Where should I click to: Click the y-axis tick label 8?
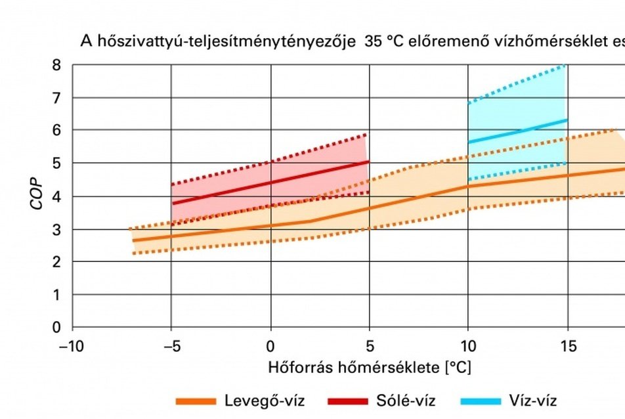[58, 66]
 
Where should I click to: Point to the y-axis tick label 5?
[58, 164]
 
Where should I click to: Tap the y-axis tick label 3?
[58, 229]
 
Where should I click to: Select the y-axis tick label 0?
[58, 327]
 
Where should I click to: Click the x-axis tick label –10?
[72, 346]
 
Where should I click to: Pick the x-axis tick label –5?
[171, 346]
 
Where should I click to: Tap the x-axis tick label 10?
[468, 346]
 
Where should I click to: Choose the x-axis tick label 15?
[567, 346]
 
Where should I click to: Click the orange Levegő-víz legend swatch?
[195, 401]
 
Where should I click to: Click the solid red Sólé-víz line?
[269, 182]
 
